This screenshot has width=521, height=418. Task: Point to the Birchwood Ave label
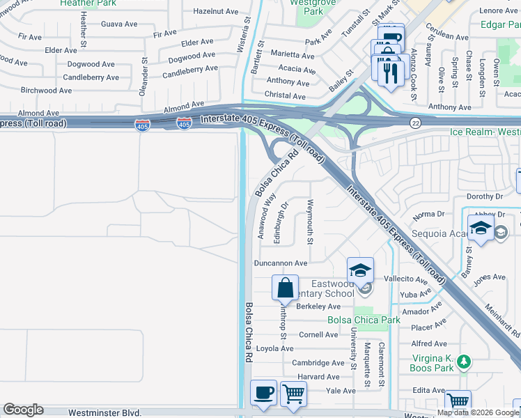[x=46, y=91]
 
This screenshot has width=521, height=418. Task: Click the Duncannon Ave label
[x=280, y=263]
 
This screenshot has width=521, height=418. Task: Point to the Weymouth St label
[x=310, y=224]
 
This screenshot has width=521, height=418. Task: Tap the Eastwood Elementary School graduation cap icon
[x=360, y=270]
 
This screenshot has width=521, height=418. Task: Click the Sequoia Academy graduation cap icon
[x=481, y=229]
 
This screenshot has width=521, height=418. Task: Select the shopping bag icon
[x=285, y=287]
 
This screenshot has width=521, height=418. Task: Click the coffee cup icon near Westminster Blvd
[x=263, y=392]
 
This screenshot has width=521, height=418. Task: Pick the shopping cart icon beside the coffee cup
[x=293, y=394]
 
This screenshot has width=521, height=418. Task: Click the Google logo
[x=23, y=410]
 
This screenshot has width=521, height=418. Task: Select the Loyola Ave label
[x=276, y=348]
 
